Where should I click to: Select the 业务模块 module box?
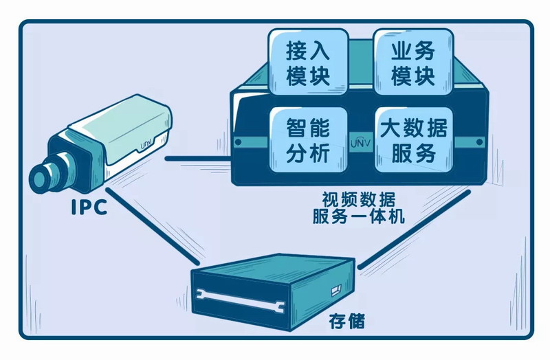coord(412,62)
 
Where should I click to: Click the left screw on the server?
coord(238,143)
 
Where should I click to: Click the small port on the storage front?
coord(335,291)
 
